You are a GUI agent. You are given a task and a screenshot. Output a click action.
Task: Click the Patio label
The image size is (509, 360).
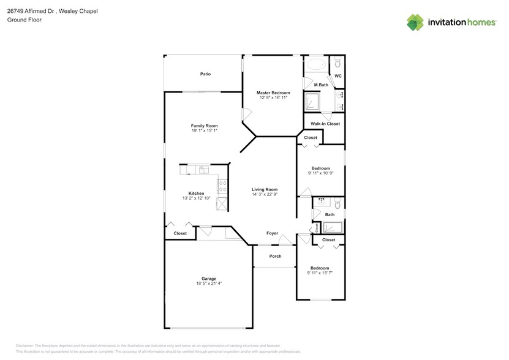click(205, 74)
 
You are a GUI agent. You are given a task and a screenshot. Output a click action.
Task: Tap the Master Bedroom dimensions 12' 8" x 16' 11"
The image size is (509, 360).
click(273, 97)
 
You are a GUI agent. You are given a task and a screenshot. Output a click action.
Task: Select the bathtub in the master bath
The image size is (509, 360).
click(316, 64)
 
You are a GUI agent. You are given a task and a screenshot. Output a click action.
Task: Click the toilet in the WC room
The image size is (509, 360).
click(337, 62)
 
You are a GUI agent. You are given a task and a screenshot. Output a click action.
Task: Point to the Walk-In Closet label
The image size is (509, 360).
click(325, 124)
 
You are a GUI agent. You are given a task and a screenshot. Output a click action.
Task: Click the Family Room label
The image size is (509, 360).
click(204, 126)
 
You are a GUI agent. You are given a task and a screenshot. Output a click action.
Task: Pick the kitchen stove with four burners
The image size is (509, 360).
click(223, 186)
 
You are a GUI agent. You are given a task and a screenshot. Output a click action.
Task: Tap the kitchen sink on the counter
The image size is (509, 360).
click(204, 170)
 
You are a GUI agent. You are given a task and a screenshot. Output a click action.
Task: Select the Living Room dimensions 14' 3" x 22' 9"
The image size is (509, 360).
click(265, 195)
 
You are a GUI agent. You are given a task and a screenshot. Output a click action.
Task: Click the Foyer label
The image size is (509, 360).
click(272, 233)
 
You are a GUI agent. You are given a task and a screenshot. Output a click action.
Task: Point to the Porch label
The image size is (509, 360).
click(275, 256)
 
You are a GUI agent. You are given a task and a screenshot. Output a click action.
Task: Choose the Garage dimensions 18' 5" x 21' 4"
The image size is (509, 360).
click(209, 283)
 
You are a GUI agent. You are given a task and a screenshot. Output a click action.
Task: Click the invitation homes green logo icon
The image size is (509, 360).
click(415, 23)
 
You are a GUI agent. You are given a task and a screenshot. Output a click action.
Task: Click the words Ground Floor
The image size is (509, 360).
click(25, 20)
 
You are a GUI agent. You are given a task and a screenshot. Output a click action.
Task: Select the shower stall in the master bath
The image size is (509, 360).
click(312, 102)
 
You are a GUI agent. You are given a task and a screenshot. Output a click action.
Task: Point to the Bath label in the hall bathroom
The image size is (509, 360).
click(330, 214)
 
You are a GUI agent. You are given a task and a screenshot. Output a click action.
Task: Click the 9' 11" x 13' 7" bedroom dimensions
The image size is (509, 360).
click(320, 273)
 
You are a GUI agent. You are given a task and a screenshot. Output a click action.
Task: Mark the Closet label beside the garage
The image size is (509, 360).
click(180, 233)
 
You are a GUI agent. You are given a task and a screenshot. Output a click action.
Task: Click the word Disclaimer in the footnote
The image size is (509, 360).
click(25, 346)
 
